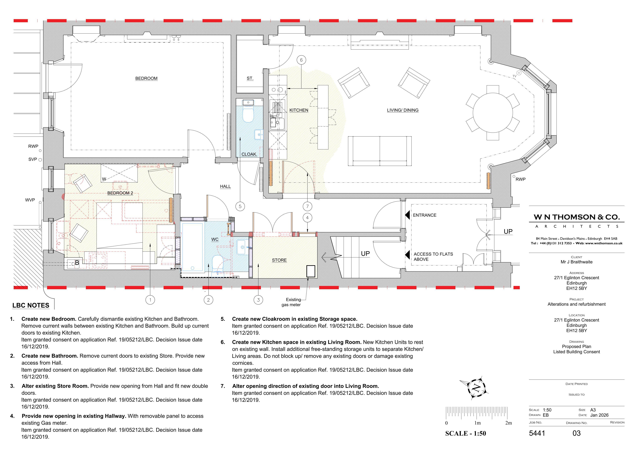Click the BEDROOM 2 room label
click(120, 193)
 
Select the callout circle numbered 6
click(301, 60)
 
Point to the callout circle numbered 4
click(308, 218)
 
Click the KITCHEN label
click(299, 110)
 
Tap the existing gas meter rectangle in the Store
click(311, 271)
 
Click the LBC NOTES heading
click(31, 306)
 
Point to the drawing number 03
click(577, 433)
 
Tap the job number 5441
click(537, 433)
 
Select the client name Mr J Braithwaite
click(577, 262)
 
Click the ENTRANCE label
click(425, 215)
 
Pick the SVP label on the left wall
click(32, 159)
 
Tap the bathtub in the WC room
click(192, 247)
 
